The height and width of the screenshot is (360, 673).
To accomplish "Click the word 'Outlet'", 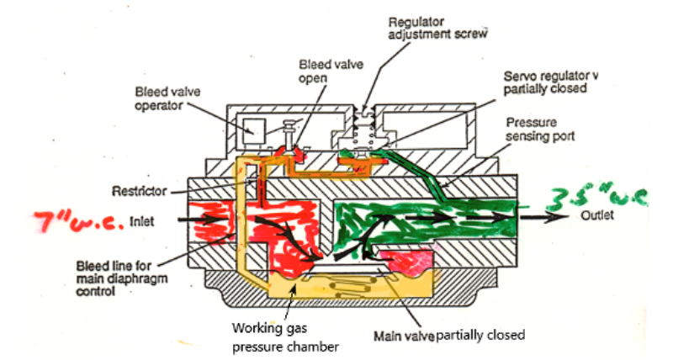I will click(x=599, y=215).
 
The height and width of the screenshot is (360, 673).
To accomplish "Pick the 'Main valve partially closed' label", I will click(x=448, y=335).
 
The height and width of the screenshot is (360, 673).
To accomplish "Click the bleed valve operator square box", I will click(x=253, y=131).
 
